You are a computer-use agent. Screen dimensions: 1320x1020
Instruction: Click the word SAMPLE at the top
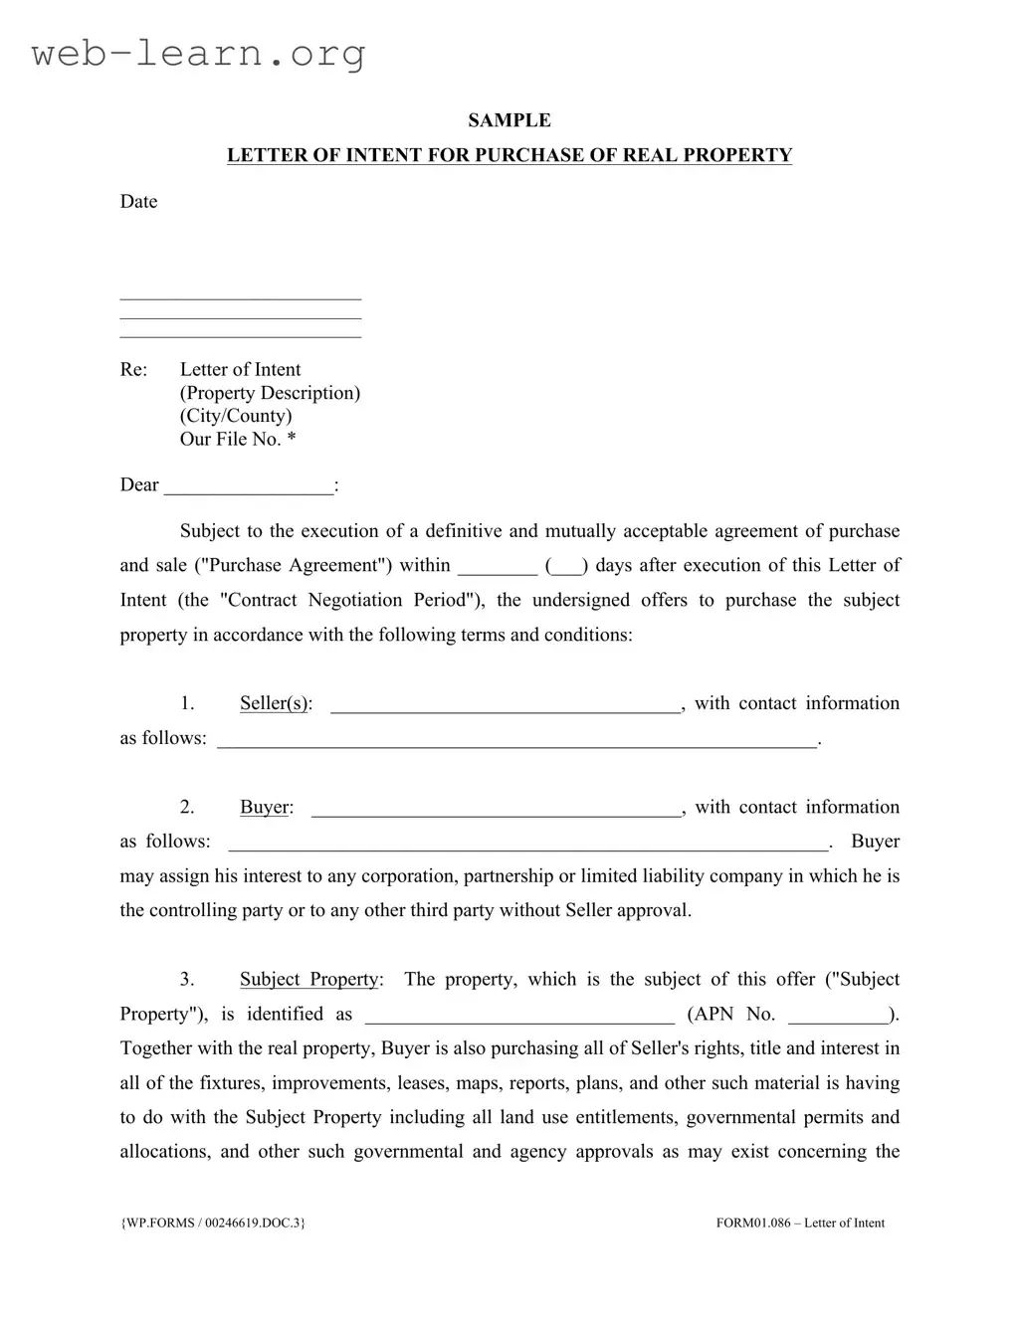coord(510,120)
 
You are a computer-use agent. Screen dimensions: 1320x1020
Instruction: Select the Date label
coord(138,202)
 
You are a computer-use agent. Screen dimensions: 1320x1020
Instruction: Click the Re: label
coord(133,370)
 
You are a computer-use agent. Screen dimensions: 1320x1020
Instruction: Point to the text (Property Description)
coord(270,393)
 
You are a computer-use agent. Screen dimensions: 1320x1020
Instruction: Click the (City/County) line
coord(236,416)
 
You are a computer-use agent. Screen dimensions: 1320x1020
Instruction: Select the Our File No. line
coord(238,440)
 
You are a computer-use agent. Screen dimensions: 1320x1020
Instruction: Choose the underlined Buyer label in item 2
coord(266,808)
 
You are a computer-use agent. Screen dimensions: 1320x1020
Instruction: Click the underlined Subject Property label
coord(309,980)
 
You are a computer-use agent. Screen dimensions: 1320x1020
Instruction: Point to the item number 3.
coord(187,980)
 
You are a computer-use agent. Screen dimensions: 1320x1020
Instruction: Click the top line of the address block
coord(240,297)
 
